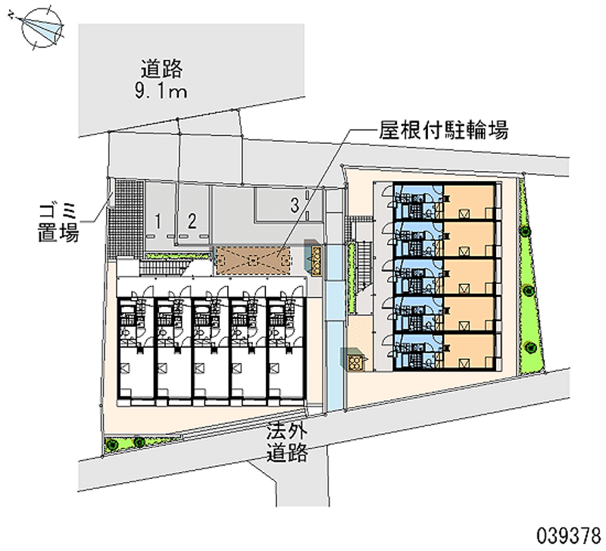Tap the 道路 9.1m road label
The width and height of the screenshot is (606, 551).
tap(161, 80)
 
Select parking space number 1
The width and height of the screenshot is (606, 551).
tap(158, 221)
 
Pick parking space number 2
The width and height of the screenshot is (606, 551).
tap(192, 221)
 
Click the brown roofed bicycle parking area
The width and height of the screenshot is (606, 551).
tap(253, 260)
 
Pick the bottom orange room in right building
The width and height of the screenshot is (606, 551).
tap(468, 350)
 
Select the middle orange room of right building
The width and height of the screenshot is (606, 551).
tap(468, 276)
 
